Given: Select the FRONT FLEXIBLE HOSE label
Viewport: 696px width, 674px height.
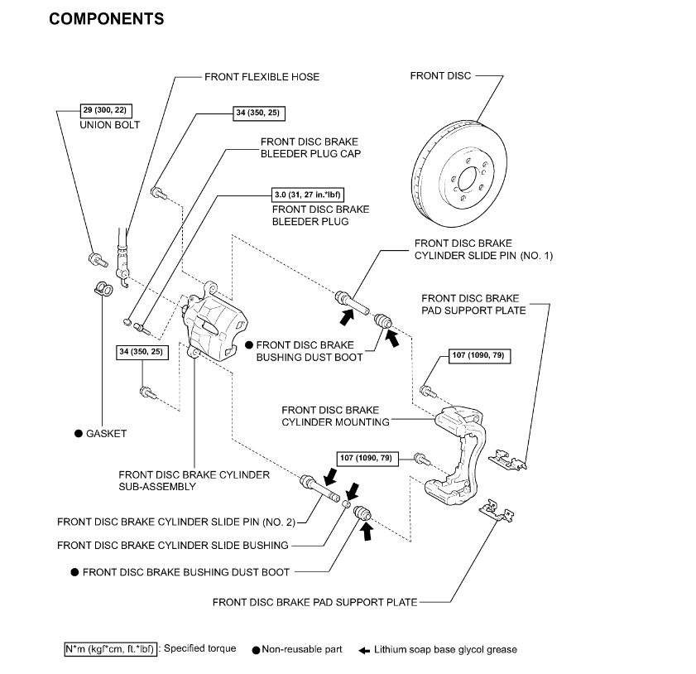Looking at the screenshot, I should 262,77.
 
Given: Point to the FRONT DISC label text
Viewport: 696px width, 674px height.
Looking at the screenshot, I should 440,75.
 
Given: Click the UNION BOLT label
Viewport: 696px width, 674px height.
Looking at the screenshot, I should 110,125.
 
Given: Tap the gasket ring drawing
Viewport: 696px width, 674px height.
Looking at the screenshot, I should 103,288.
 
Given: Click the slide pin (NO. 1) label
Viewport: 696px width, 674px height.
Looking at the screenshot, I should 483,250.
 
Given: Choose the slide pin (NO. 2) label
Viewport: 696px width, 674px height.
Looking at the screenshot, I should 175,522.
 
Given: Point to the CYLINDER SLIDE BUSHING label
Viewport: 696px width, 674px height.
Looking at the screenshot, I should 172,545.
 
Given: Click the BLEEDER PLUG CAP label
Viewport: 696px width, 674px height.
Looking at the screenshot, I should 310,147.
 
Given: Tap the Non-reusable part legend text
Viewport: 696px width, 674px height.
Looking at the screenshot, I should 301,650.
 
